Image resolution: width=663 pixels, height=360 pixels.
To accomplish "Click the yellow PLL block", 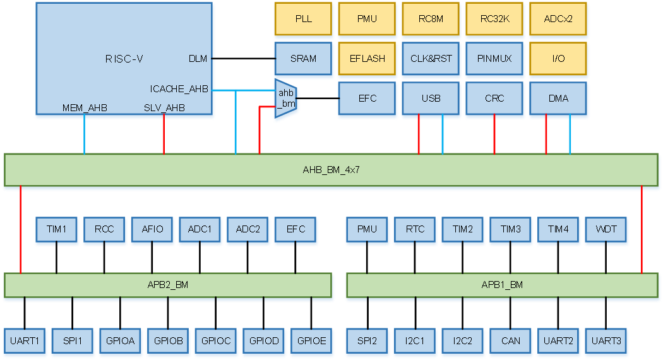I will (304, 19).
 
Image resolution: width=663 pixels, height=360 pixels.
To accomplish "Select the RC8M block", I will (431, 19).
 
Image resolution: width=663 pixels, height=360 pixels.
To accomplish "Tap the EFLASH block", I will (367, 59).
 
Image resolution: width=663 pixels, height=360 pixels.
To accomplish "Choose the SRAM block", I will (304, 59).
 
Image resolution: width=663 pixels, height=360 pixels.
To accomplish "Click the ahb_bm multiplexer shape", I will (286, 100).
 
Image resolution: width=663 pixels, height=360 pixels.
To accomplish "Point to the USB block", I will (431, 99).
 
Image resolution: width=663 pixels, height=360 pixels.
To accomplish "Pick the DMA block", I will (558, 99).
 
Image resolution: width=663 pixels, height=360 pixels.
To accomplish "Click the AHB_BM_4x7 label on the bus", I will (331, 170).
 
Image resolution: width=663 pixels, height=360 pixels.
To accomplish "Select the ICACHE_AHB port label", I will (179, 89).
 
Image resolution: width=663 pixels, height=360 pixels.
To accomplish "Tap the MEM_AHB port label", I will (85, 108).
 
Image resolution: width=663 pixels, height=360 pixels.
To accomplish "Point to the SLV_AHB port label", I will (164, 108).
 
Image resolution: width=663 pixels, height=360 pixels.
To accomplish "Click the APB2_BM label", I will (167, 285).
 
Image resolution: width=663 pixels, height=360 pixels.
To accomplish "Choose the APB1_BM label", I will (502, 285).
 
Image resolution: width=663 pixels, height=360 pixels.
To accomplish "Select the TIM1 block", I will (56, 229).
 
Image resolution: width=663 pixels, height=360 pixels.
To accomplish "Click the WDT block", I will (606, 229).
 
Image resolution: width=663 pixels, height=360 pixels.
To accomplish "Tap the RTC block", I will (415, 229).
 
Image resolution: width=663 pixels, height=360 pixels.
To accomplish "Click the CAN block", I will (511, 341).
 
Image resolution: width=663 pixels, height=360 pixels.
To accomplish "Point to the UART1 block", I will (25, 341).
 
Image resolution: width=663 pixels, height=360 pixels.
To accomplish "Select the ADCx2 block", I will (558, 19).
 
